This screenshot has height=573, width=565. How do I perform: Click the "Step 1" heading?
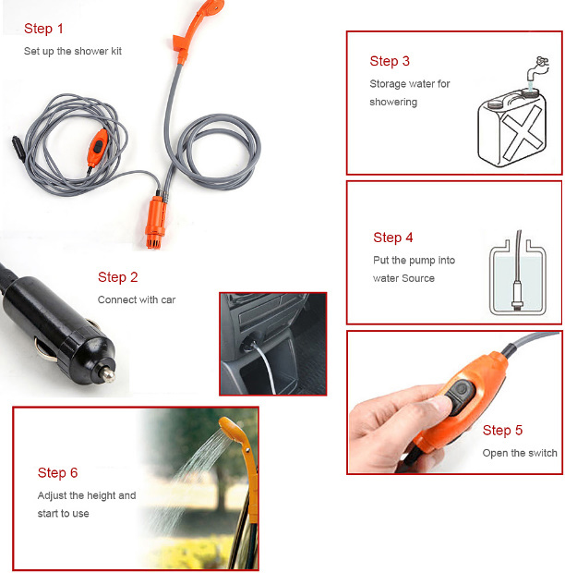click(x=43, y=29)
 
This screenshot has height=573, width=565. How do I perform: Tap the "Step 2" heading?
click(x=118, y=277)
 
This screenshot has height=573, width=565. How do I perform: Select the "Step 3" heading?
click(x=390, y=61)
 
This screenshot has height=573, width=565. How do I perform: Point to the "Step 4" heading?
click(x=393, y=238)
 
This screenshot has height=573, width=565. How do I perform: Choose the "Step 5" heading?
click(x=502, y=430)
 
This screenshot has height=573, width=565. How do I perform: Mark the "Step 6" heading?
click(x=57, y=473)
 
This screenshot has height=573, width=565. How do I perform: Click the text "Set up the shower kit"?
click(x=73, y=51)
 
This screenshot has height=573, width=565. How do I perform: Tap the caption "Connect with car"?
click(x=137, y=299)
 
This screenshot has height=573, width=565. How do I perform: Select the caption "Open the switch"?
click(x=520, y=453)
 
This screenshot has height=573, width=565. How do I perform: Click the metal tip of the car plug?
click(x=108, y=374)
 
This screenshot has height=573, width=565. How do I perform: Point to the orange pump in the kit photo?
click(x=155, y=222)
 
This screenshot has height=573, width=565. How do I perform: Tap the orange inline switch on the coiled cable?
click(x=98, y=147)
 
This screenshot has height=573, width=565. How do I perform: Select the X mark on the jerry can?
click(x=523, y=133)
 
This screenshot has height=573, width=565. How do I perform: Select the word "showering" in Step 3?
click(x=393, y=102)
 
